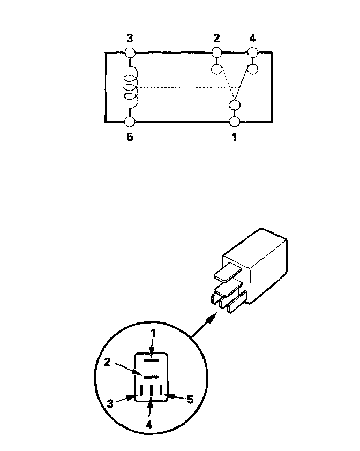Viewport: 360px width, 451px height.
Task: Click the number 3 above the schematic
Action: [x=130, y=39]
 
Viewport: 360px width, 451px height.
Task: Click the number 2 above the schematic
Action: [x=216, y=39]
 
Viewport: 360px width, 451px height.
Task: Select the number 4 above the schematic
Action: [x=252, y=39]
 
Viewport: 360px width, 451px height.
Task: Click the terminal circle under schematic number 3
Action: [x=130, y=52]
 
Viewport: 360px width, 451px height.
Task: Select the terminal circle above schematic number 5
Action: [x=130, y=121]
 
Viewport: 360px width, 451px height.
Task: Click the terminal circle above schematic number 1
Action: [x=234, y=121]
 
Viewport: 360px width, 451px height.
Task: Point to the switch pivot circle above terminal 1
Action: [x=234, y=104]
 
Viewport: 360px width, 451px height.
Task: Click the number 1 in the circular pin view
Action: [x=153, y=333]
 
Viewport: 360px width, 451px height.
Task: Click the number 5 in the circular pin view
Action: [x=190, y=399]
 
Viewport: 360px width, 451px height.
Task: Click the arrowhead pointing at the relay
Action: [x=213, y=317]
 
